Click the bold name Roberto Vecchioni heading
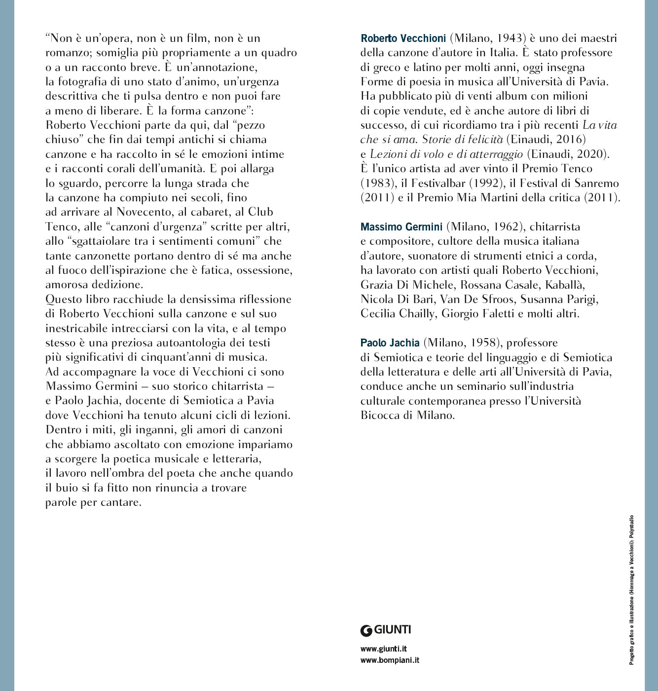(x=403, y=38)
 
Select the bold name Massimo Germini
(x=401, y=227)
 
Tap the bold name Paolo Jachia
(x=390, y=343)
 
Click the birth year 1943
(x=509, y=38)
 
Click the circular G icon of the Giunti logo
(x=366, y=630)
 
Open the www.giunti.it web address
(x=383, y=649)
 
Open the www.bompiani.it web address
(x=390, y=660)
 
